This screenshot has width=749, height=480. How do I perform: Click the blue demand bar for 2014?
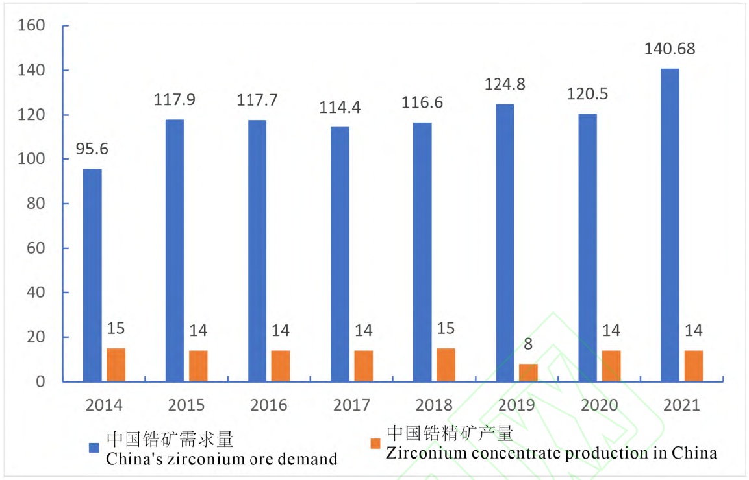click(92, 275)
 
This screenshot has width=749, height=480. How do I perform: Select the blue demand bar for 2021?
click(670, 225)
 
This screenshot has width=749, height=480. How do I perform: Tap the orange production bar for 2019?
click(528, 373)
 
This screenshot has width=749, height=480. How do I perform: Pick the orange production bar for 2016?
click(281, 366)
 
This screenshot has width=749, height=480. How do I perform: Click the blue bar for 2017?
click(340, 254)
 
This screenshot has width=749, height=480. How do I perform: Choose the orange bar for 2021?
click(693, 366)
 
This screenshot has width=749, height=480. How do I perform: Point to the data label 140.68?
click(670, 49)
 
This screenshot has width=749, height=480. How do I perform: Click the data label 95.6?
click(92, 149)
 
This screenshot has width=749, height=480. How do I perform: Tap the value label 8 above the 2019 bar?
click(528, 344)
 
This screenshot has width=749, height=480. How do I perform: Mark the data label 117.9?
click(175, 101)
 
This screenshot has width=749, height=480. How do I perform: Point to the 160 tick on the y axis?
click(31, 26)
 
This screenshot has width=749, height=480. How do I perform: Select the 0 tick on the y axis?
click(40, 382)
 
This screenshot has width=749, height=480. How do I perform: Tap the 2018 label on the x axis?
click(434, 405)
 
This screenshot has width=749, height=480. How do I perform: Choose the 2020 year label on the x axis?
click(599, 405)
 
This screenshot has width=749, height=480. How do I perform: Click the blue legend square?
click(94, 448)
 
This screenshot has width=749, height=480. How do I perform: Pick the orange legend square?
click(374, 444)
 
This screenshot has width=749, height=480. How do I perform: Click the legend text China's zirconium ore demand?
click(222, 459)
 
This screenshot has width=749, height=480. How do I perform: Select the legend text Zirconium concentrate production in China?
click(552, 453)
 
